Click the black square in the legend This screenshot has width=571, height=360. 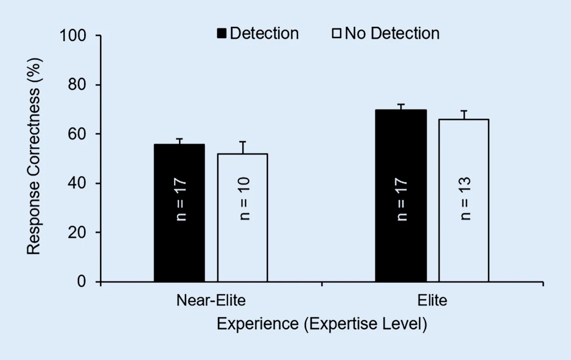click(222, 34)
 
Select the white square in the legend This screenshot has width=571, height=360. click(336, 34)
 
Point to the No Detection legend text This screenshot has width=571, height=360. click(392, 34)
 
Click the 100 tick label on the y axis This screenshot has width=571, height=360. click(72, 36)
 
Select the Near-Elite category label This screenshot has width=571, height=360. click(211, 300)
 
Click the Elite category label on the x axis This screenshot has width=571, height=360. click(432, 300)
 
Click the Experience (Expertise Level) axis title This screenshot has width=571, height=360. click(322, 324)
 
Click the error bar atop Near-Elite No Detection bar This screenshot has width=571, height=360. click(242, 147)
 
